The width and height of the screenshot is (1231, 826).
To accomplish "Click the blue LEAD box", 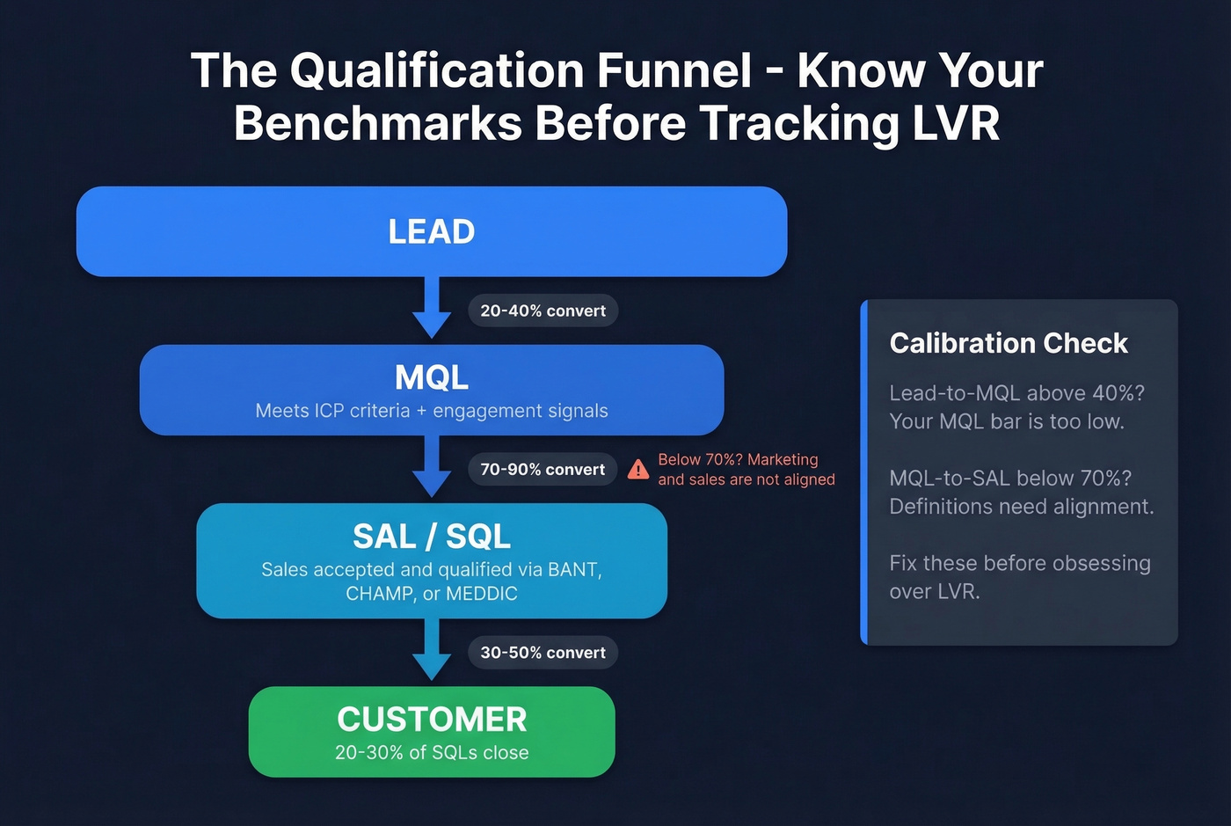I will [x=431, y=231].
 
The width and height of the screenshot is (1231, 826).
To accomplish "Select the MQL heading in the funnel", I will [x=431, y=377].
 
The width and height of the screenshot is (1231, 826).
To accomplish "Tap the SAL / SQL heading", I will [x=431, y=536].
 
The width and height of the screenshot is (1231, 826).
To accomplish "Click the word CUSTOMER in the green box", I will [x=431, y=720].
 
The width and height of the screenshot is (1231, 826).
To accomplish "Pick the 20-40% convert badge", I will [x=543, y=311].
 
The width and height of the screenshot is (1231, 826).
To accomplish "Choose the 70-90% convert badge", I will [x=543, y=470].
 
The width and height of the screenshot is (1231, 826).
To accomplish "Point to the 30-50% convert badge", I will [x=543, y=653].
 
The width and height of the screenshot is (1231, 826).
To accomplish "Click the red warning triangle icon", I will [x=638, y=470].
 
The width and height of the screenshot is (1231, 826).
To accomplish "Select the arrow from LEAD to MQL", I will [x=432, y=309].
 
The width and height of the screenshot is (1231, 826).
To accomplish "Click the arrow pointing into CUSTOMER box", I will [x=432, y=651].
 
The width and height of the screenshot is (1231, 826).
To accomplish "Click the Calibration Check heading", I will [x=1008, y=343].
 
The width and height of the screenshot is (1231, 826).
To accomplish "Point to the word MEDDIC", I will [x=481, y=594].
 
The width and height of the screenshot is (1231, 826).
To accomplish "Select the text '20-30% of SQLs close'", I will [x=431, y=753].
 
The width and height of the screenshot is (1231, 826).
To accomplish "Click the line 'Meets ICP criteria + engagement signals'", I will [x=431, y=411].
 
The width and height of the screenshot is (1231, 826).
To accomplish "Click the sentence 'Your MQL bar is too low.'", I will [x=1007, y=421].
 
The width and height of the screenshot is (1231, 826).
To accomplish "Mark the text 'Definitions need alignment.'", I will [x=1021, y=507].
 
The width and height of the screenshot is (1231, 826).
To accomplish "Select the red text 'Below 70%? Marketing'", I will [x=738, y=459].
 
